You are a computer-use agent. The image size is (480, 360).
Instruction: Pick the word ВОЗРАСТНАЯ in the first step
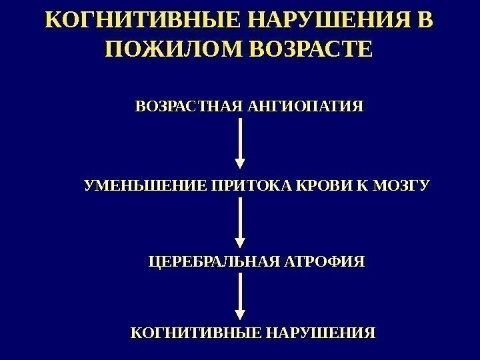[x=189, y=107]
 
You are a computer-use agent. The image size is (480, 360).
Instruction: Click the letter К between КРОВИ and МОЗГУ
[x=363, y=185]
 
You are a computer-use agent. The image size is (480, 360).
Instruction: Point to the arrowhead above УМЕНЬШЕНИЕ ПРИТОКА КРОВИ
[x=241, y=163]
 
